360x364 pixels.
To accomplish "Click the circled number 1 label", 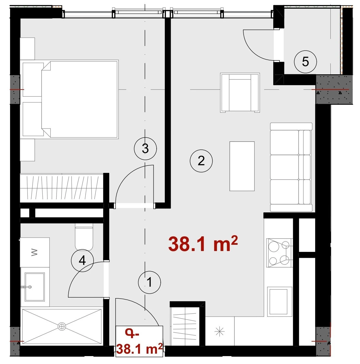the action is [x=149, y=282].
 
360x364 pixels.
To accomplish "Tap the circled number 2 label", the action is [x=201, y=161].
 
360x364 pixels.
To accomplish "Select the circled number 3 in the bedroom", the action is [x=145, y=148].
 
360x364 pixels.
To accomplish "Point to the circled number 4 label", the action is [x=82, y=261].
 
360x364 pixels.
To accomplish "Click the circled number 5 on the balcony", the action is [x=305, y=62].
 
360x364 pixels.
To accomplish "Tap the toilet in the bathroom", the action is [x=84, y=237].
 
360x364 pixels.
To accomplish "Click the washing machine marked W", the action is [x=35, y=252].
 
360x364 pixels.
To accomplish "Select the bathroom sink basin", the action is [x=35, y=287].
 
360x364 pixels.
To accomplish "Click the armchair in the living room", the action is [x=240, y=93].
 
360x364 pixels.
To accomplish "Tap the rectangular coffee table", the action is [x=242, y=166].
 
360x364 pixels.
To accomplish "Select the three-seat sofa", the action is [x=291, y=167].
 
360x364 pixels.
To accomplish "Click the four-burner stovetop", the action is [x=279, y=253].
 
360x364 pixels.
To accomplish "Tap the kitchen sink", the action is [x=280, y=301].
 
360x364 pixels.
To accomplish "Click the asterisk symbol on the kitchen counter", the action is [x=220, y=332].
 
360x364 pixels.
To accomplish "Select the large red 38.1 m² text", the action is [x=203, y=244].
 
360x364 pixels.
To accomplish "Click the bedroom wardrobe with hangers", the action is [x=62, y=188].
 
